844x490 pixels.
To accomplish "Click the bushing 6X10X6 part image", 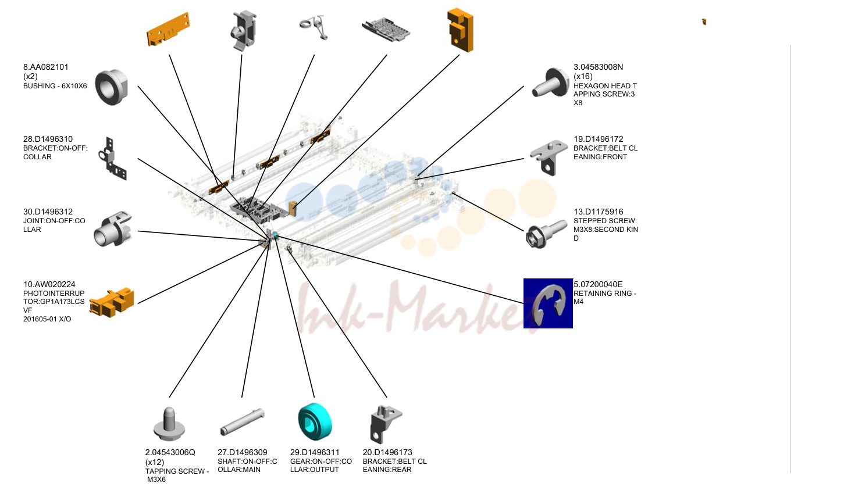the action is click(x=112, y=87).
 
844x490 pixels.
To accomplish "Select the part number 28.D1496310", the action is click(x=48, y=139).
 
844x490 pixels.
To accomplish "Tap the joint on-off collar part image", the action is click(x=113, y=229).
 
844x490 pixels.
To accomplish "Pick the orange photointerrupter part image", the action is click(x=112, y=302).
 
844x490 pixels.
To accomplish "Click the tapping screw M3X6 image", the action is click(x=169, y=424).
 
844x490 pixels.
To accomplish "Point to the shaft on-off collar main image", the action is click(x=243, y=422).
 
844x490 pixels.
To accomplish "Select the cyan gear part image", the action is click(x=315, y=421).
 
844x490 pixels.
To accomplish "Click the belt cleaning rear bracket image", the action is click(x=386, y=424).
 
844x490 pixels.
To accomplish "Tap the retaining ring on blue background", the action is click(x=549, y=303).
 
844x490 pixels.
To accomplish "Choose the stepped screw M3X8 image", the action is click(x=546, y=234).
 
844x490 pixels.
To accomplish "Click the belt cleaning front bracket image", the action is click(x=549, y=158).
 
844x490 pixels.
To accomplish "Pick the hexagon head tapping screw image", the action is click(x=550, y=83).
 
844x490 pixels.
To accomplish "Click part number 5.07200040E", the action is click(x=598, y=284).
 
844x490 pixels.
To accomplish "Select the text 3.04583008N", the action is click(x=599, y=67).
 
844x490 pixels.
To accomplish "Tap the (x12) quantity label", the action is click(x=155, y=462).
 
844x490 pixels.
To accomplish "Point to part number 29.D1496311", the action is click(x=315, y=452).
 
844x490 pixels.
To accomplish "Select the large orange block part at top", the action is click(x=460, y=30).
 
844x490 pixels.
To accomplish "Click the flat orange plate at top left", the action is click(x=168, y=30).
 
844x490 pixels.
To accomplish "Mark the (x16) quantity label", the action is click(x=583, y=77).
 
